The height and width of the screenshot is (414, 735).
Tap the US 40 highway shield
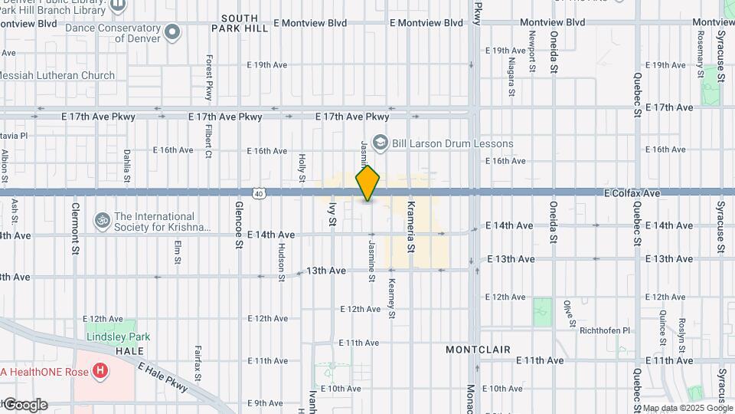click(261, 194)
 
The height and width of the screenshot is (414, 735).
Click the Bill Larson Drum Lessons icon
click(378, 143)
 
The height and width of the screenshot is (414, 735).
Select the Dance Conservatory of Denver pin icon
click(173, 32)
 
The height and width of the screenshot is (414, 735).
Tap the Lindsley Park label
click(117, 337)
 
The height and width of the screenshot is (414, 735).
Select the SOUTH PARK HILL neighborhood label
click(245, 23)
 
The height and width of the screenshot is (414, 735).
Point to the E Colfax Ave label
click(632, 194)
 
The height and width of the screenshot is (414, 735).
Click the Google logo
click(25, 405)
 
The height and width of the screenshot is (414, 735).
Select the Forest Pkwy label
click(208, 78)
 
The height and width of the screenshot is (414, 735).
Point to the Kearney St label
click(391, 299)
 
